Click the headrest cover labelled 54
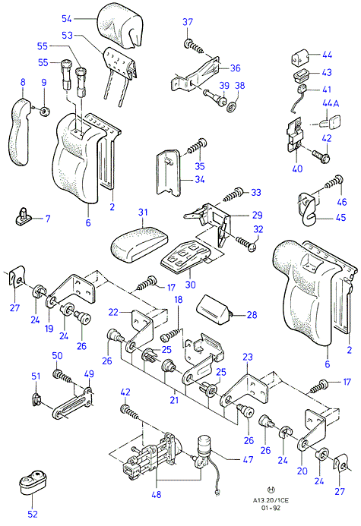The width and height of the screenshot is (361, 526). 121,24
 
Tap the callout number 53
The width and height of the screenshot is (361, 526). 67,35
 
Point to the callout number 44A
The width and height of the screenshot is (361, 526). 331,103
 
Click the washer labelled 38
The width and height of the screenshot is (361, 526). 231,108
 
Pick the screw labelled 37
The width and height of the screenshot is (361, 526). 194,46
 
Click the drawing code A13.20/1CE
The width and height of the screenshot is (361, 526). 271,500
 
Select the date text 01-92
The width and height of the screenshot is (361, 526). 271,508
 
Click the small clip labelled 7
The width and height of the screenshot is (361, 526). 24,217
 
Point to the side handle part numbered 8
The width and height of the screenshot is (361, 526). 20,132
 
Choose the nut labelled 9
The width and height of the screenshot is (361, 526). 45,111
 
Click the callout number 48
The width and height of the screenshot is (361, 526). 156,494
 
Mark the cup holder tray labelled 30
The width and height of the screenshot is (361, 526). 185,256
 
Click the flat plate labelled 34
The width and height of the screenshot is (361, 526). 169,172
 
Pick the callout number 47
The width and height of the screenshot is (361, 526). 248,459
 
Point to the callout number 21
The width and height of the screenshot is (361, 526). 174,399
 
